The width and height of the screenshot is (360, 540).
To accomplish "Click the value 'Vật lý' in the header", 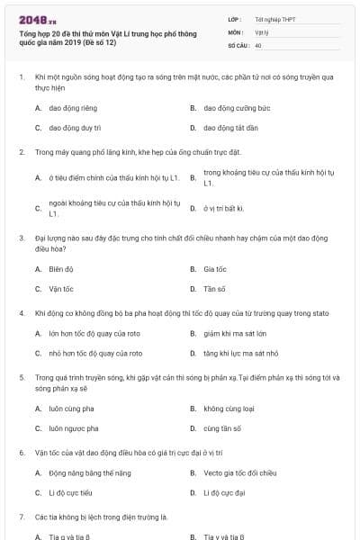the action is click(x=262, y=31).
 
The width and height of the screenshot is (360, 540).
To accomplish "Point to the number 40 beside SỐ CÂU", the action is click(x=258, y=44).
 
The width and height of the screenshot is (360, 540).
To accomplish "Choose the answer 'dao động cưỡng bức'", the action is click(x=231, y=107).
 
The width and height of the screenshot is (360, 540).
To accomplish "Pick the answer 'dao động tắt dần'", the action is click(x=228, y=128).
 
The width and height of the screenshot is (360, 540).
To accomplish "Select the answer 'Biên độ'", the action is click(x=61, y=268).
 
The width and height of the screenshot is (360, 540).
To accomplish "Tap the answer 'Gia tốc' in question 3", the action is click(x=214, y=268).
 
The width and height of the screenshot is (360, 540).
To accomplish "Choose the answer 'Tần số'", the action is click(x=214, y=289).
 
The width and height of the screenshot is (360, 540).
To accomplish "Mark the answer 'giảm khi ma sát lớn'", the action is click(x=234, y=333).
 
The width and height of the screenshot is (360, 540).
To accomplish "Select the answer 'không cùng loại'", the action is click(x=227, y=408).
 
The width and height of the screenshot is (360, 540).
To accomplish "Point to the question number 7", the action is click(x=21, y=517).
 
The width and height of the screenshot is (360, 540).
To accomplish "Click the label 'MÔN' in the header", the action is click(x=237, y=31).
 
